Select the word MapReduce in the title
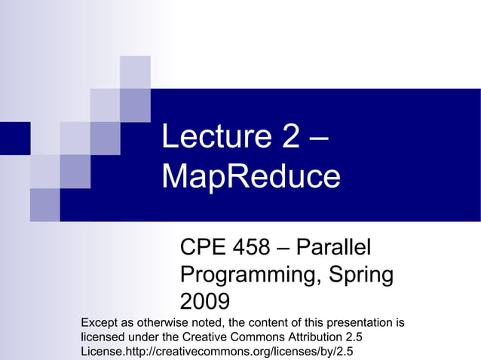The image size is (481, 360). coord(251,177)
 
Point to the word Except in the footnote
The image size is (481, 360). coord(100,323)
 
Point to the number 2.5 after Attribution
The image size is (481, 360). coord(364,337)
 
